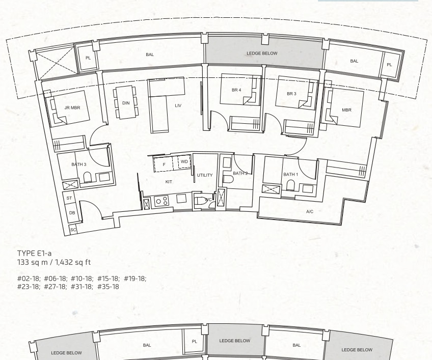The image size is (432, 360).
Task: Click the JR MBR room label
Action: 72,108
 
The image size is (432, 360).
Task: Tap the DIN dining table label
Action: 126,103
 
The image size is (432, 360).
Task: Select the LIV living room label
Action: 178,105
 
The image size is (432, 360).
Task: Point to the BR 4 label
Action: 236,90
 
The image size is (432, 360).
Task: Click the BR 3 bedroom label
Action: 291,94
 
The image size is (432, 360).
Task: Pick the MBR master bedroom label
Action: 346,110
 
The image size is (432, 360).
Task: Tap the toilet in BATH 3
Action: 87,177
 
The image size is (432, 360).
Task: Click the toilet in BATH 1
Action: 290,185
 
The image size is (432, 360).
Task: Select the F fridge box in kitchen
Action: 164,164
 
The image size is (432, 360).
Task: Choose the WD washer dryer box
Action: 184,162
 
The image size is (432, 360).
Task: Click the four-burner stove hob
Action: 161,201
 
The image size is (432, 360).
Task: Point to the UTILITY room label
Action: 205,175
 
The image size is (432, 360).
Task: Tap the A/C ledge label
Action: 310,211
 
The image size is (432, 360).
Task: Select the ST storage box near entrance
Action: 69,198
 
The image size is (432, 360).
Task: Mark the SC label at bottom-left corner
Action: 73,230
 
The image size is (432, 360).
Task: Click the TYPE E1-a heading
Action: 35,254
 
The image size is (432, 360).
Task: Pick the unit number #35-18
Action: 109,287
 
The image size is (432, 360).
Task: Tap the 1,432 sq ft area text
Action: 73,262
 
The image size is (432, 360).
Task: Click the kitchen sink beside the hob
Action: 181,198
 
